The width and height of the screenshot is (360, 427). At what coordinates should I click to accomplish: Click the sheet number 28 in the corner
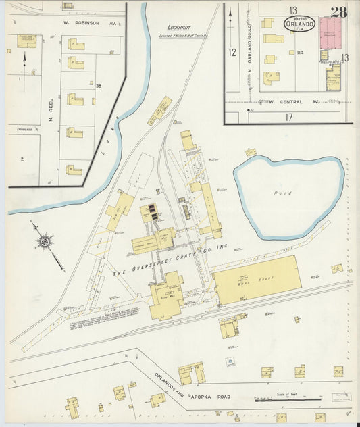click(339, 12)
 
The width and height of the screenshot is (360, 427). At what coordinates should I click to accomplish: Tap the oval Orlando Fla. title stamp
click(299, 22)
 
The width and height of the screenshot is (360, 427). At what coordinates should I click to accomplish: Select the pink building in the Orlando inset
click(330, 32)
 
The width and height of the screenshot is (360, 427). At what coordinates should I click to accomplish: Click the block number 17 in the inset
click(288, 116)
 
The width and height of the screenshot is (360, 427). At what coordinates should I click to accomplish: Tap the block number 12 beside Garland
click(232, 52)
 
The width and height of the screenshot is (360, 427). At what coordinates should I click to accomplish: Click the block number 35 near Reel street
click(99, 86)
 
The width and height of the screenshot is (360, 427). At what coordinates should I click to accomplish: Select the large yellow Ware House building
click(257, 279)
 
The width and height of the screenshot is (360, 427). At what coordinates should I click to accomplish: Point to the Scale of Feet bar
click(287, 397)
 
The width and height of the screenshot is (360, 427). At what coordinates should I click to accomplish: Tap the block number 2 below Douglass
click(22, 159)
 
